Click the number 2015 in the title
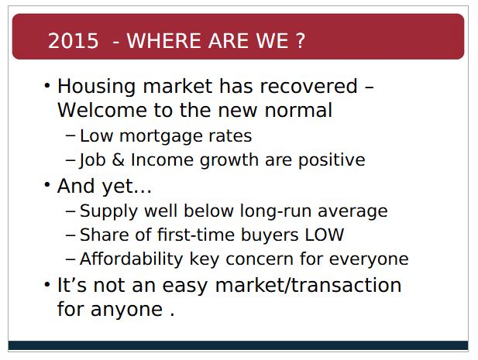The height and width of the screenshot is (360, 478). (73, 41)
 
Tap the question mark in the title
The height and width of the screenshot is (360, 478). (301, 41)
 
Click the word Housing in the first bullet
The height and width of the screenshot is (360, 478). (96, 87)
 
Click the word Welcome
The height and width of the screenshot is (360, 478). (102, 110)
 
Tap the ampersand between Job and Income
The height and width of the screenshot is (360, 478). (119, 159)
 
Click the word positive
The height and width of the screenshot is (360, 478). (332, 160)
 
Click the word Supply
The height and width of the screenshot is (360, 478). (108, 211)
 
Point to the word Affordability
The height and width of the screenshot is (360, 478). (131, 259)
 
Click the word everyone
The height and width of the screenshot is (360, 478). (369, 260)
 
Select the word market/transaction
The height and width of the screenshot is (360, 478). (308, 286)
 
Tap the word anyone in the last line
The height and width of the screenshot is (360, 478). (126, 310)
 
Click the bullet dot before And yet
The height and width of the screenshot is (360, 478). (47, 184)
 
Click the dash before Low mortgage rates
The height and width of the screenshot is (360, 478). (70, 135)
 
